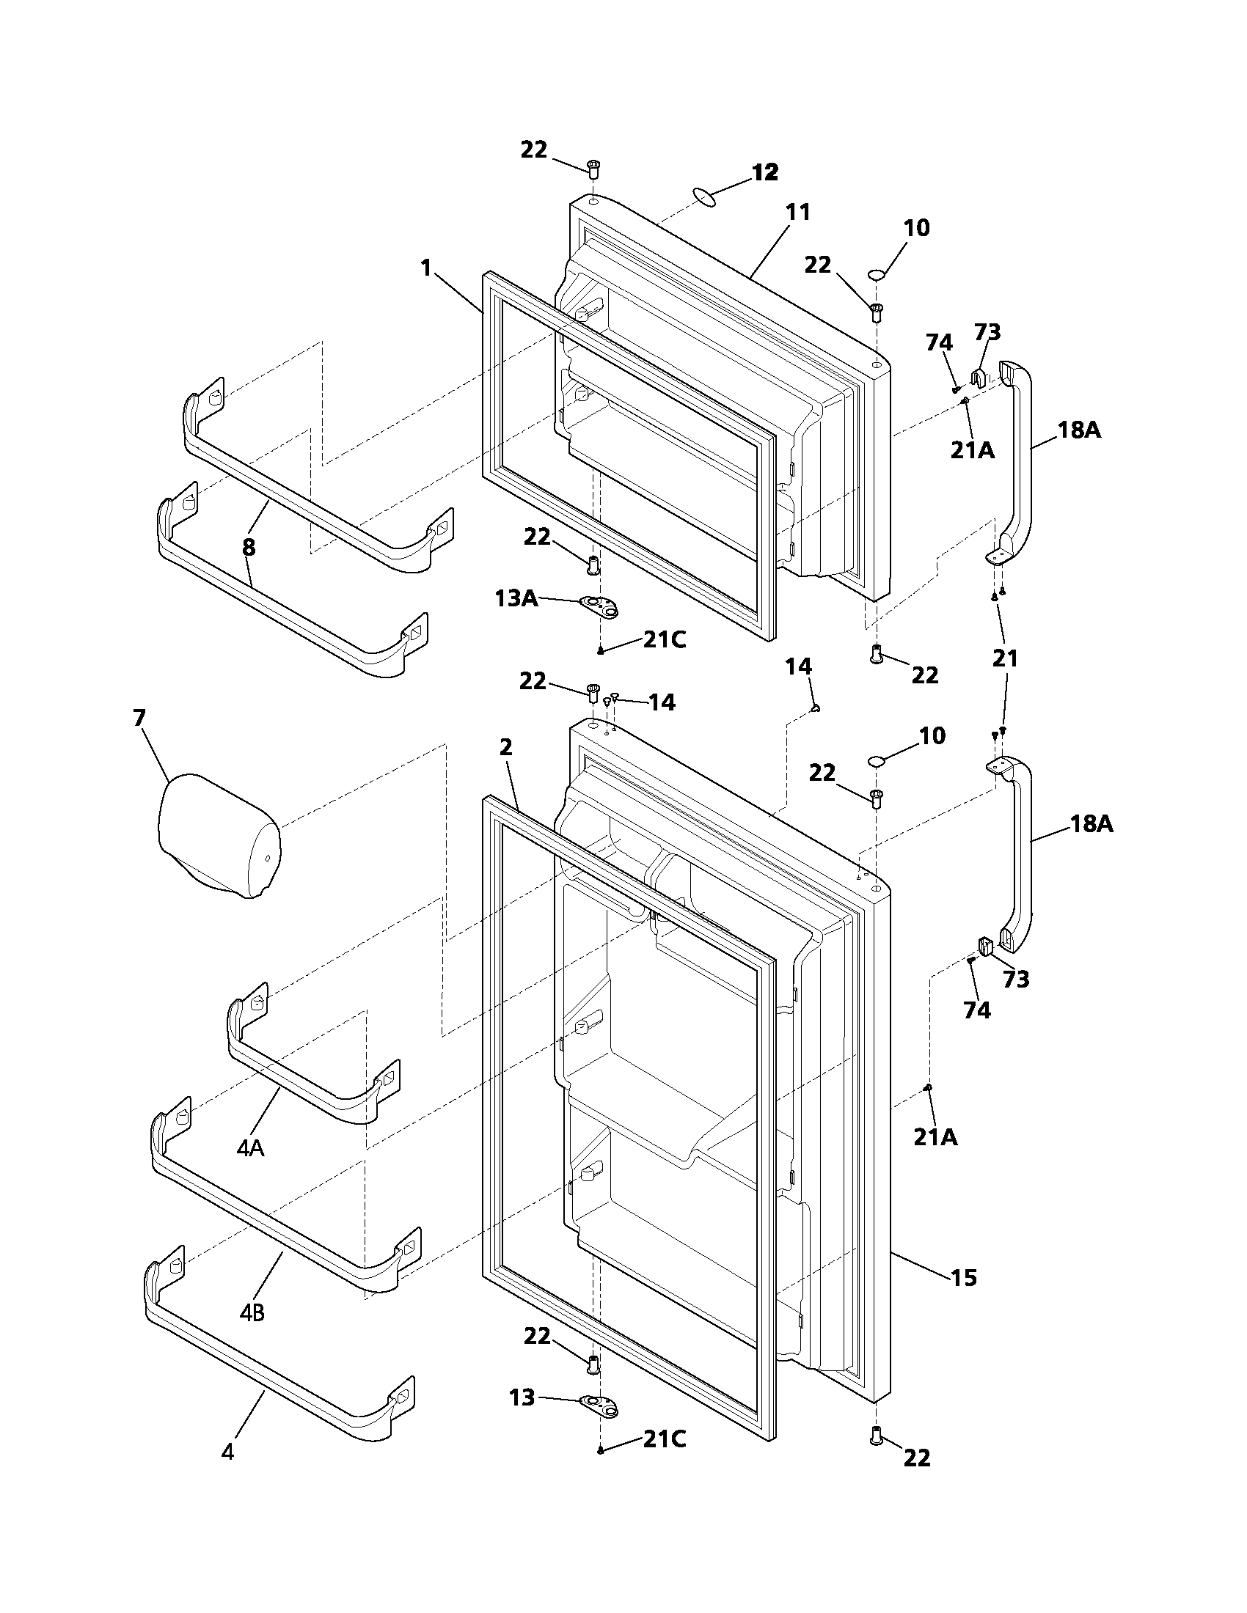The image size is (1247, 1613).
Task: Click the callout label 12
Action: click(765, 173)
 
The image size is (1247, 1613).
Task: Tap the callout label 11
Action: click(798, 213)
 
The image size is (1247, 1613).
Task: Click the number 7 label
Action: click(139, 718)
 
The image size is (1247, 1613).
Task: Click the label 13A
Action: click(516, 598)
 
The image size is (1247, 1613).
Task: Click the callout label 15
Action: click(964, 1278)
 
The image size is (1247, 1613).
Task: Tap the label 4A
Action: click(251, 1147)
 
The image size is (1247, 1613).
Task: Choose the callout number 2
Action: click(505, 747)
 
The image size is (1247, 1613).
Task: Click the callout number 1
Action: click(426, 268)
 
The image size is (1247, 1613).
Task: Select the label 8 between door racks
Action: click(249, 547)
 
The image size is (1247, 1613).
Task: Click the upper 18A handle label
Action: click(1078, 430)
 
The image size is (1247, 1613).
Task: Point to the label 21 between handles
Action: click(1005, 658)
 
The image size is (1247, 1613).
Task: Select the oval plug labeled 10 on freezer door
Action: click(876, 275)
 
